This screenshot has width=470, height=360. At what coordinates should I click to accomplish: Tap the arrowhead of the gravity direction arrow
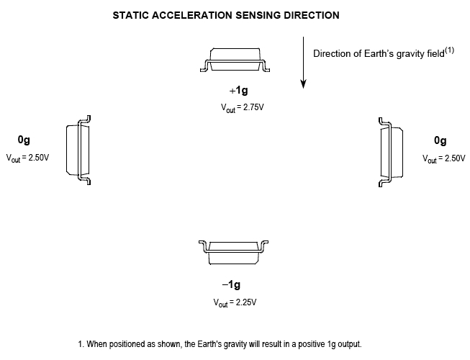(x=303, y=84)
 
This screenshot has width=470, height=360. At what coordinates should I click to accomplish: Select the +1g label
(x=238, y=90)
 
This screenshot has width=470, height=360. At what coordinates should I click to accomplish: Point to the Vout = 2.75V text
(x=242, y=108)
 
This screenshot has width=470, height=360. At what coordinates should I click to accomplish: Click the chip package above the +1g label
(x=235, y=60)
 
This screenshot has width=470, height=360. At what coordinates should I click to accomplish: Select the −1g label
(x=232, y=284)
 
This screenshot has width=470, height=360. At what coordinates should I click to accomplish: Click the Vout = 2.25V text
(x=235, y=302)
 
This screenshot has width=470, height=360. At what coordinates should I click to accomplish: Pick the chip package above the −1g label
(x=233, y=253)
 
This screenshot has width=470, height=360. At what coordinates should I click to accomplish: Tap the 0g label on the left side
(x=24, y=140)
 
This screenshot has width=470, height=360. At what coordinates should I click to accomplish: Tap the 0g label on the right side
(x=440, y=140)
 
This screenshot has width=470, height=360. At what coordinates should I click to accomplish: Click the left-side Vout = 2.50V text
(x=27, y=158)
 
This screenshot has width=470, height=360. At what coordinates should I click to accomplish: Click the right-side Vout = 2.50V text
(x=444, y=159)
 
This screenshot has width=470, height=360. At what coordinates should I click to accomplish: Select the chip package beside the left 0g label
(x=78, y=150)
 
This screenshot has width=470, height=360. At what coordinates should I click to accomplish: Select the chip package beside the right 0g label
(x=391, y=152)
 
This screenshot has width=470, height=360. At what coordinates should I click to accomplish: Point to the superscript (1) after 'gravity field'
(x=450, y=50)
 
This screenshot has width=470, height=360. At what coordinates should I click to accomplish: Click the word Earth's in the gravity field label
(x=379, y=54)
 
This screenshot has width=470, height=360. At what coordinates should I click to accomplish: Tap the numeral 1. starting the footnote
(x=81, y=344)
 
